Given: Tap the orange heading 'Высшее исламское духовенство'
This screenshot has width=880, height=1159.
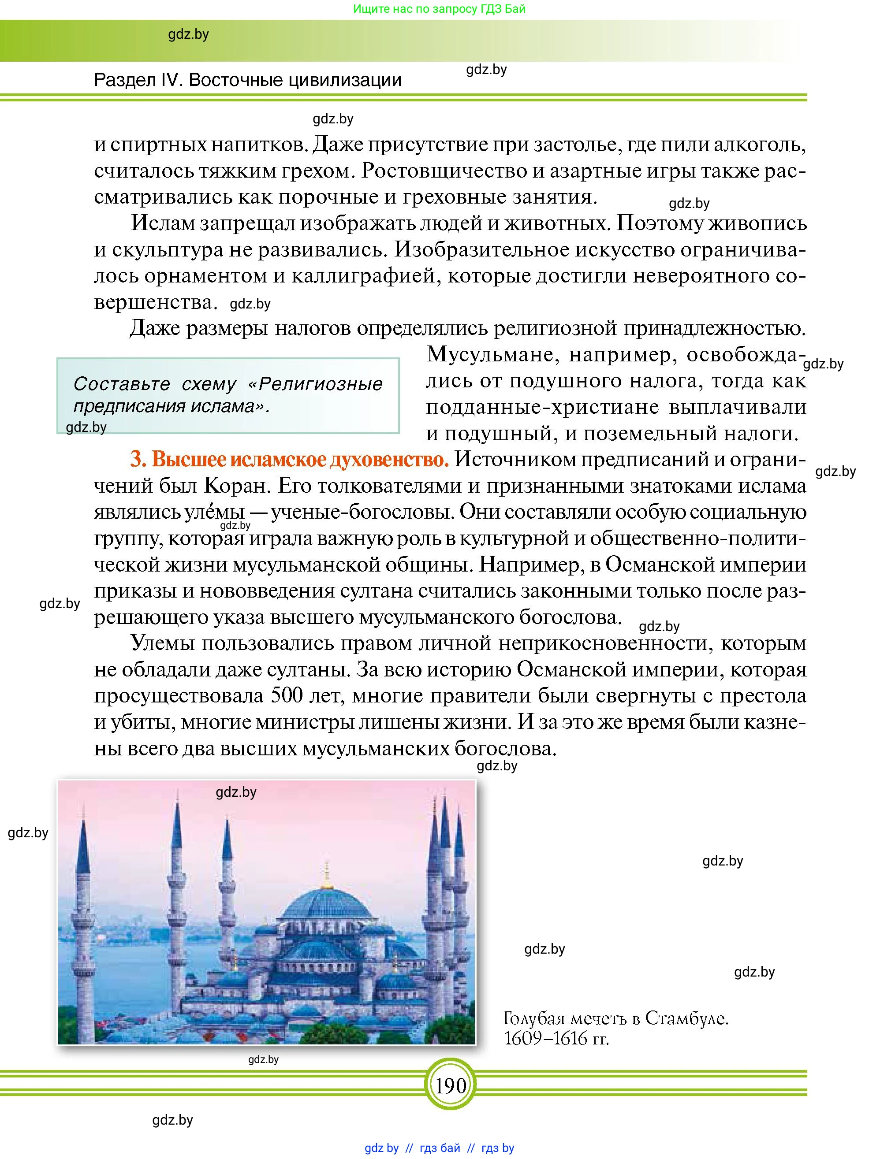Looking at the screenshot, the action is coord(289,460).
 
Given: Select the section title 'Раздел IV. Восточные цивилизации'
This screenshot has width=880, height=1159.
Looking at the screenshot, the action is coord(247,80).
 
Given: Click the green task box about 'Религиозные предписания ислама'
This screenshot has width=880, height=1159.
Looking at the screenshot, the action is coord(228,395).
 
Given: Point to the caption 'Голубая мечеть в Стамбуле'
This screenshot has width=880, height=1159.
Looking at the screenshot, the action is coord(615,1018).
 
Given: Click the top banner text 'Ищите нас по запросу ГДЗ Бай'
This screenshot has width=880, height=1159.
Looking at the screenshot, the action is coord(439,9).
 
